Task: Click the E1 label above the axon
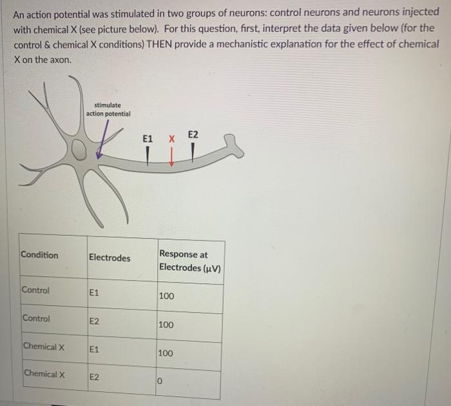pos(148,138)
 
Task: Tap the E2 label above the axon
pos(194,134)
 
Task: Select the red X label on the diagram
pos(171,138)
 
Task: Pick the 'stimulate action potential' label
pos(108,109)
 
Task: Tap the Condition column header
pos(39,255)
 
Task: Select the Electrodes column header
pos(109,258)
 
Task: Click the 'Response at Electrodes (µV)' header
pos(189,261)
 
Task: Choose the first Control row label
pos(35,290)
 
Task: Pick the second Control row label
pos(35,318)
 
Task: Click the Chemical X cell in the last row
pos(44,374)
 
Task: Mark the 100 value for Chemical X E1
pos(166,353)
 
